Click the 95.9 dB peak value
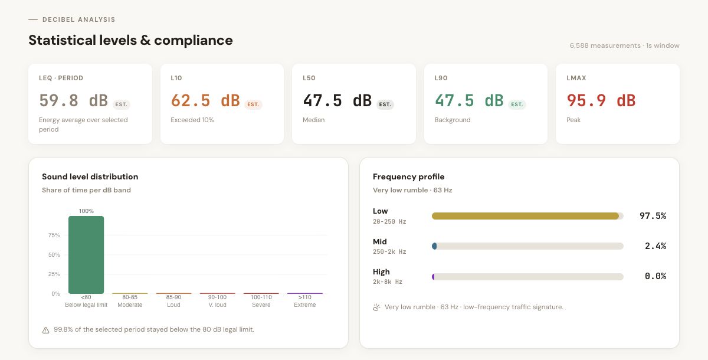[601, 100]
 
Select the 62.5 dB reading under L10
[205, 100]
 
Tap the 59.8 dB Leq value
[73, 100]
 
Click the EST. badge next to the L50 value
[385, 104]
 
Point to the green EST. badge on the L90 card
[517, 104]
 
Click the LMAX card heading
[576, 78]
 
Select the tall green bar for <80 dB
[86, 255]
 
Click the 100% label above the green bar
[86, 211]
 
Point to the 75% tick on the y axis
[54, 235]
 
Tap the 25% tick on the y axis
[54, 274]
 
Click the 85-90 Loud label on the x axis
[173, 301]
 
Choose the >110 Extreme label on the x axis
[305, 301]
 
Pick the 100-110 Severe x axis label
[261, 301]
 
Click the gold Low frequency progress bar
[525, 216]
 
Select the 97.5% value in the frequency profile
[653, 216]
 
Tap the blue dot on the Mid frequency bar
[434, 246]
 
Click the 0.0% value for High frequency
[655, 276]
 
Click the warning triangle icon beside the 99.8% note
[46, 330]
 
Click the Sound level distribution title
[90, 176]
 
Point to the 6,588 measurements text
[605, 45]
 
